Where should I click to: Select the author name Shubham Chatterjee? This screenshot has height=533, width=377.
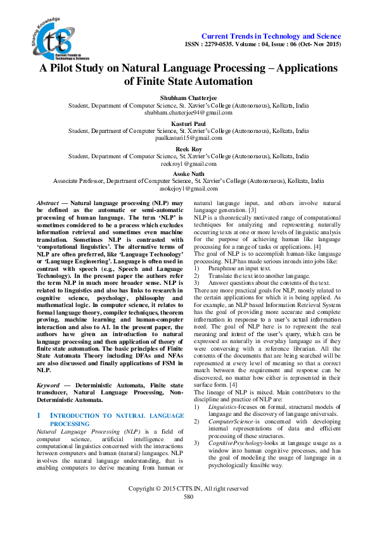[x=188, y=98]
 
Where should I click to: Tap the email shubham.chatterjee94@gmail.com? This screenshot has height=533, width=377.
[x=188, y=113]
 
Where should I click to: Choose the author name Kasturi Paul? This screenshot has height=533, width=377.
[x=188, y=123]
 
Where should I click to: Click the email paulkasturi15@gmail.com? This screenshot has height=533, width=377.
[x=188, y=138]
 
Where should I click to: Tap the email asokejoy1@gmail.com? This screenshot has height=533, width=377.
[x=188, y=189]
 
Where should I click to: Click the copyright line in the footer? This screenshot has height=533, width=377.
[x=188, y=506]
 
